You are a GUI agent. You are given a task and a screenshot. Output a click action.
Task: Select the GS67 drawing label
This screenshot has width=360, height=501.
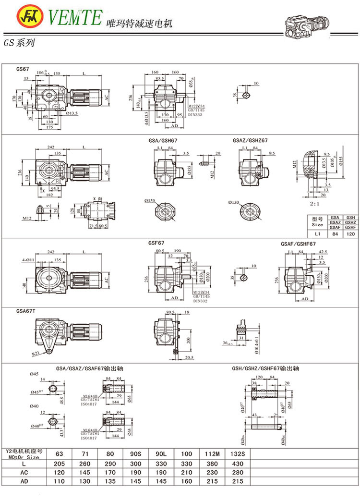23,69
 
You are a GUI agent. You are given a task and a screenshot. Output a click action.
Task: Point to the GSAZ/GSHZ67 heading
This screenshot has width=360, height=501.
250,141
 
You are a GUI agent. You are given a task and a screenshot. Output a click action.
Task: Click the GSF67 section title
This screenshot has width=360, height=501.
156,243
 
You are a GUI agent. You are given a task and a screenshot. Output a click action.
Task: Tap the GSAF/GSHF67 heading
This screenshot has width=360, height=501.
298,244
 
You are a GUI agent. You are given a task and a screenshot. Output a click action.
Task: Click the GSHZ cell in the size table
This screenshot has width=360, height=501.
351,222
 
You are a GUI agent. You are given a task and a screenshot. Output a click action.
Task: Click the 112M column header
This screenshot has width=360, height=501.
212,452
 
